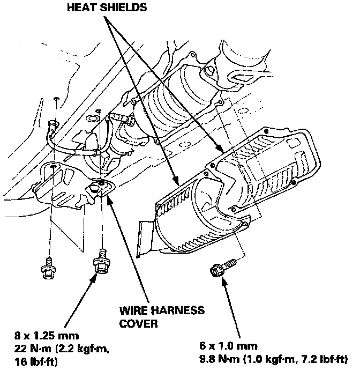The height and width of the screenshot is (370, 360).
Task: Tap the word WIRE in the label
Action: pyautogui.click(x=132, y=311)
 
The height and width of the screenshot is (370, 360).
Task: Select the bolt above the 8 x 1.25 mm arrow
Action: pyautogui.click(x=100, y=264)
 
